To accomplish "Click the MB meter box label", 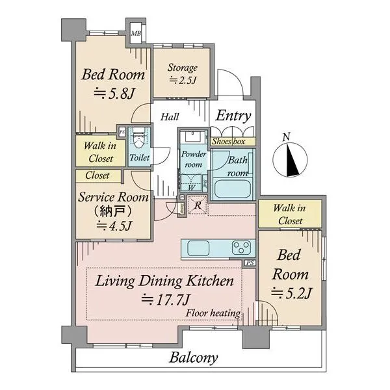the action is pos(136,33).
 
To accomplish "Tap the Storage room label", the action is pos(183,68).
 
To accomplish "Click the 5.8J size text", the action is pos(114,93).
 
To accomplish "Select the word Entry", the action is pos(233,116).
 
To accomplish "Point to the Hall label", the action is pos(170,117).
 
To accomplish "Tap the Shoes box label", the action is pos(228,142).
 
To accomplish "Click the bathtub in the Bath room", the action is pos(232,189).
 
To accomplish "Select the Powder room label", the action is pos(194,159).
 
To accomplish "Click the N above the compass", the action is pos(287,136).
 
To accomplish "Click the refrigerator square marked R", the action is pos(198,205).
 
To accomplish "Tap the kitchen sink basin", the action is pos(198,248).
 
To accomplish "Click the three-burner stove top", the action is pos(241,248).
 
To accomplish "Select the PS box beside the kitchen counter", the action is pos(250,263).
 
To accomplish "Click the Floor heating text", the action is pos(213,313).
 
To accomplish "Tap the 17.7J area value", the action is pos(166,300).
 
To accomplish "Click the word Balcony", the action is pos(194,358).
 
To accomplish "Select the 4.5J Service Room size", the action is pos(114,226).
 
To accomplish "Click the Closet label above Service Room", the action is pos(97,175).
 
